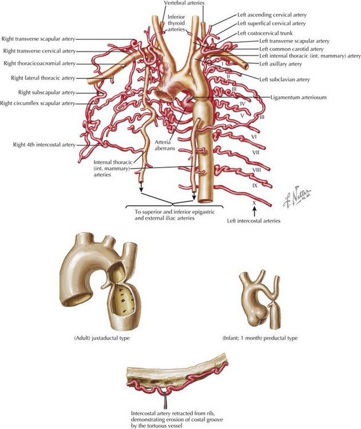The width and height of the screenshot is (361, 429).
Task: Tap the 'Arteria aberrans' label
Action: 171,144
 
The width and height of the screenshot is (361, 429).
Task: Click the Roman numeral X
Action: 253,202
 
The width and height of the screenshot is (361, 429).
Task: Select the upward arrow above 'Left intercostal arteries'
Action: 253,213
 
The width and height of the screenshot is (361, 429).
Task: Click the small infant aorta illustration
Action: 259,300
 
